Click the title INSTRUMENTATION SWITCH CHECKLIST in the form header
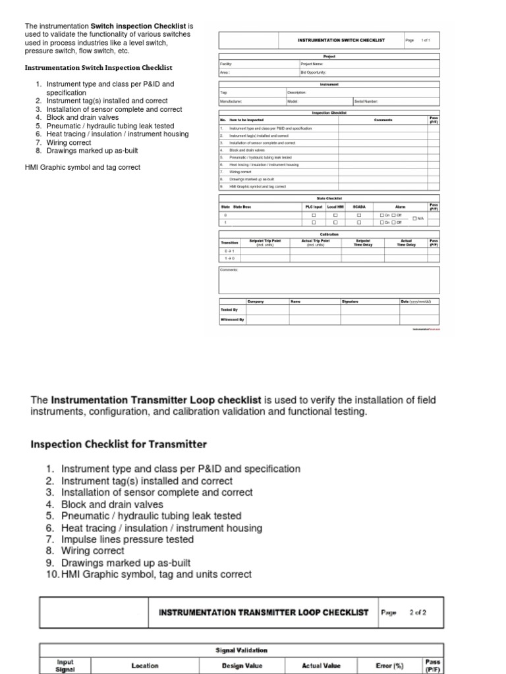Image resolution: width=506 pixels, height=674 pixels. coord(341,40)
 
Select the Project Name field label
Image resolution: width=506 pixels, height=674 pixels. coord(310,64)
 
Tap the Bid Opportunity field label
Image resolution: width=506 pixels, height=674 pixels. coord(313,72)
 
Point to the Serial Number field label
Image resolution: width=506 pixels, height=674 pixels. coord(366,101)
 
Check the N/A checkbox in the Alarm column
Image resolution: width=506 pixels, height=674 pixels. coord(414,219)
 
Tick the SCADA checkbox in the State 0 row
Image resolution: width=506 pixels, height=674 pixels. coord(359,215)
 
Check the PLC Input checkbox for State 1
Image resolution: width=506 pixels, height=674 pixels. coord(314,222)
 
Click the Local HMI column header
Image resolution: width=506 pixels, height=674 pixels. coord(335,206)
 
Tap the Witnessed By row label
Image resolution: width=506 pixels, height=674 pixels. coord(232,319)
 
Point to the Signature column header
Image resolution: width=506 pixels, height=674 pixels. coord(350,301)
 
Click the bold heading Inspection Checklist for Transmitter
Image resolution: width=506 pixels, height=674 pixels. coord(119,444)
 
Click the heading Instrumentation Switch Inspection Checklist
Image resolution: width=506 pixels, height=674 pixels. coord(98,67)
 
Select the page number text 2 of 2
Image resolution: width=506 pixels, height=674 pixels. coord(418,612)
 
